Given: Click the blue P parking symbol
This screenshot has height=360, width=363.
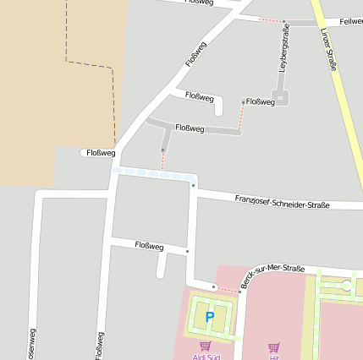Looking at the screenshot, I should (209, 318).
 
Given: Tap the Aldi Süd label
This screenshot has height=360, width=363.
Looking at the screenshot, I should (205, 357).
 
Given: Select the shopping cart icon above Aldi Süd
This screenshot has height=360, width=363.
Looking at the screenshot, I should (205, 345).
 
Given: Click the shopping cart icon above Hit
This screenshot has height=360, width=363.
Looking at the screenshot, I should (273, 346).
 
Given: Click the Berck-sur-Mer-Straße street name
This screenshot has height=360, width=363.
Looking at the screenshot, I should (272, 277).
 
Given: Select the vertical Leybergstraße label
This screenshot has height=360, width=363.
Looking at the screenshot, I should (284, 49).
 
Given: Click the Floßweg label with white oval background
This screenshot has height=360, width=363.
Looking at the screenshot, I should (99, 153).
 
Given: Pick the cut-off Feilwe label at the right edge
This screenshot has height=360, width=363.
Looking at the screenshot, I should (350, 20).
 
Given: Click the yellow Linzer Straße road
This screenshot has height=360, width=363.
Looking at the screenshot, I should (343, 93).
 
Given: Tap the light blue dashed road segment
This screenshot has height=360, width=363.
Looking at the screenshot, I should (152, 173).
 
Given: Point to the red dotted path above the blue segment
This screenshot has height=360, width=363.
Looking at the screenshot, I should (162, 159).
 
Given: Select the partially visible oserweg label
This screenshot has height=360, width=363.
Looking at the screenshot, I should (32, 343).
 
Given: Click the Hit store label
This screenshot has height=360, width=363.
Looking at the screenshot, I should (273, 357).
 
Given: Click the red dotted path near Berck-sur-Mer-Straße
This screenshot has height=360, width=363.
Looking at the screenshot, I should (227, 289).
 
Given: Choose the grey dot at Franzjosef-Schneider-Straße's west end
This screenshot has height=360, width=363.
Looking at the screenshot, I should (194, 185).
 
